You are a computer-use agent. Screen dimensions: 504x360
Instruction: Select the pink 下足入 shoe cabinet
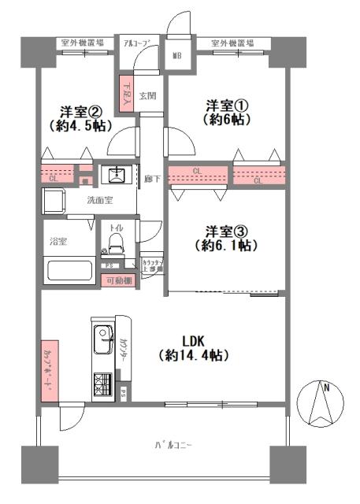pyautogui.click(x=125, y=95)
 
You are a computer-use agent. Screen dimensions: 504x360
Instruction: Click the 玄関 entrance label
pyautogui.click(x=147, y=96)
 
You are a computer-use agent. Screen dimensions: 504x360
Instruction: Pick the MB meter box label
pyautogui.click(x=178, y=57)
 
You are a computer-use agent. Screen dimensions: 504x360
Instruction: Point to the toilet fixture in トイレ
pyautogui.click(x=115, y=239)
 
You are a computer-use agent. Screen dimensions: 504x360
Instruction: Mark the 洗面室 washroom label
pyautogui.click(x=100, y=200)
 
